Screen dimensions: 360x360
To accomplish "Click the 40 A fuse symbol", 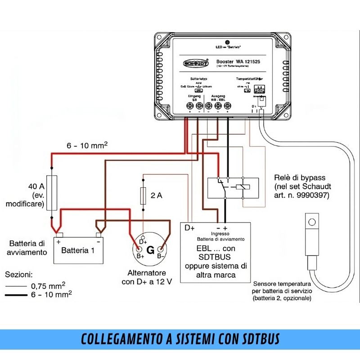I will coord(52,193).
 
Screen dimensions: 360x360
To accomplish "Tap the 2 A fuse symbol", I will coord(143,195).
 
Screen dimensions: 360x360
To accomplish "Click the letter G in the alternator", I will coord(150,249).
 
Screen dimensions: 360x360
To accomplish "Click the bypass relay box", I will coord(233,188).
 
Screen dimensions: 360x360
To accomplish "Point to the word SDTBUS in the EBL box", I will coord(215,257).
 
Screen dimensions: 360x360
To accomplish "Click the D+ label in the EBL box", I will coord(190,228).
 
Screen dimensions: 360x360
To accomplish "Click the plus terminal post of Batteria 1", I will coord(58,235).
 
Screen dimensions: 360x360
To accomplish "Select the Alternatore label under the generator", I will coord(147,273).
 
